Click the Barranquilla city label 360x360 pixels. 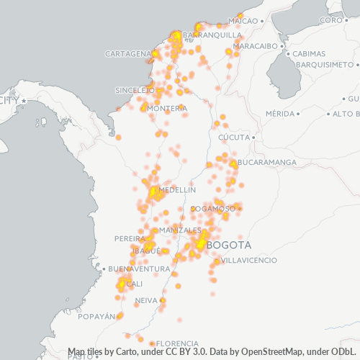(212, 35)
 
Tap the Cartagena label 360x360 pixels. (127, 54)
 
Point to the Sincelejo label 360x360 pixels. (135, 91)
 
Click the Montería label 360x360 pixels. (167, 109)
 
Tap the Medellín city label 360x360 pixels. (177, 190)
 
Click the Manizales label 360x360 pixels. (180, 230)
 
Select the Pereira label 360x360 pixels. (130, 238)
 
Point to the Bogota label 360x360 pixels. (228, 245)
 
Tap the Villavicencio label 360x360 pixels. (248, 260)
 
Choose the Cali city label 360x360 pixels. (134, 284)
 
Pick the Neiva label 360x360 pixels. (146, 300)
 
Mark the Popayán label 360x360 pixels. (97, 316)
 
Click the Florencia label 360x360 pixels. (177, 343)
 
